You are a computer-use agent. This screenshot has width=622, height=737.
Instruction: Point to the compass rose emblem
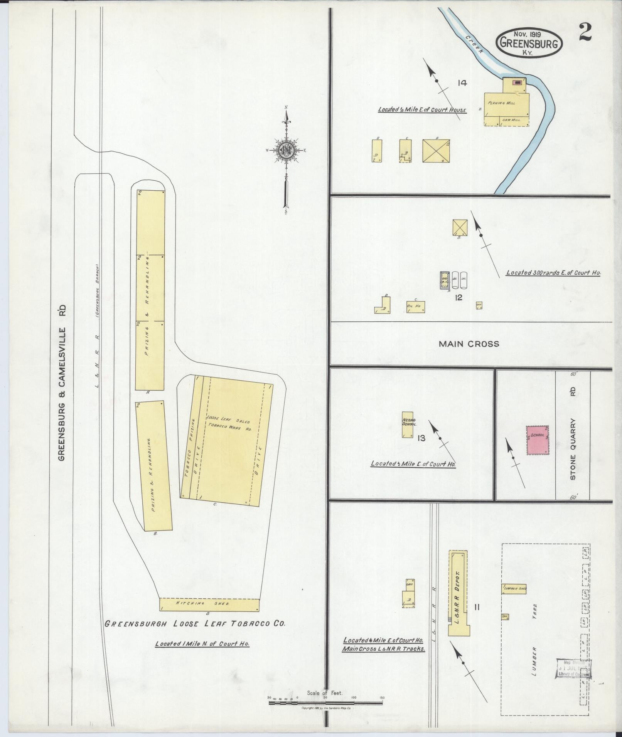[x=286, y=151]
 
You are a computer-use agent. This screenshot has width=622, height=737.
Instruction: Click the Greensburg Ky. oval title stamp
[x=529, y=42]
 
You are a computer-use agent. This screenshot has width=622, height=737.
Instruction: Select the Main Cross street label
[x=469, y=344]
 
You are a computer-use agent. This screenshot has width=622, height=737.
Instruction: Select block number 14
[x=462, y=82]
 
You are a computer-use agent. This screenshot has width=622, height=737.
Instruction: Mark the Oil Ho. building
[x=415, y=306]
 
